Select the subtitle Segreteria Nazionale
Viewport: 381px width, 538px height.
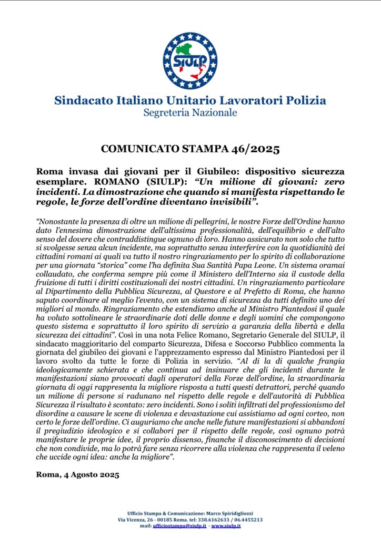[190, 112]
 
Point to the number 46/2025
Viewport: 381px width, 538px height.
[255, 150]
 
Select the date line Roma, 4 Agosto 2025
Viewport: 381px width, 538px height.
[78, 475]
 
